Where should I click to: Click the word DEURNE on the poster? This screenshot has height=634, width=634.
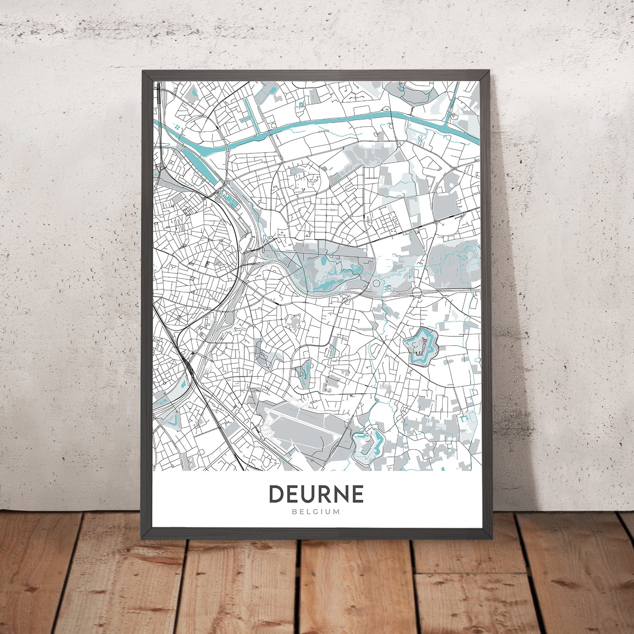(316, 494)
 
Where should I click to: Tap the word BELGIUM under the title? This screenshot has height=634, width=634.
(316, 512)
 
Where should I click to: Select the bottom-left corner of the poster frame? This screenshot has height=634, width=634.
(144, 536)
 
